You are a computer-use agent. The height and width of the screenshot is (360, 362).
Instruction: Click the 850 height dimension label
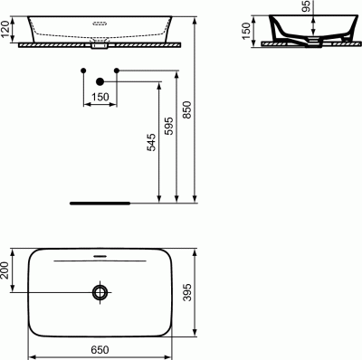(187, 110)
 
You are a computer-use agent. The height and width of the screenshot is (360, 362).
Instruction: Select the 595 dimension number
(169, 126)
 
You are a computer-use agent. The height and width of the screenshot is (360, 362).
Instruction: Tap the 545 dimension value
(152, 142)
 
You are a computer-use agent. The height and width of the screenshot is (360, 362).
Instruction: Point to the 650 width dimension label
(100, 350)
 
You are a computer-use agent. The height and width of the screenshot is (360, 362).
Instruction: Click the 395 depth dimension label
(187, 292)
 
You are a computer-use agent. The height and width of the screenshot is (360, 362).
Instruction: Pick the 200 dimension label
(5, 270)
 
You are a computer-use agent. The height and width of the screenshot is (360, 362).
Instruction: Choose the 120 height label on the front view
(5, 29)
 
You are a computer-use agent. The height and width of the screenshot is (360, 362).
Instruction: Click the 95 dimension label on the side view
(306, 6)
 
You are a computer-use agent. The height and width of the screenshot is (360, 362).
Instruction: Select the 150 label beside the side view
(246, 31)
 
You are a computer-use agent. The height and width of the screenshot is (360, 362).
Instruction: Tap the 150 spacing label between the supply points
(100, 97)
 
